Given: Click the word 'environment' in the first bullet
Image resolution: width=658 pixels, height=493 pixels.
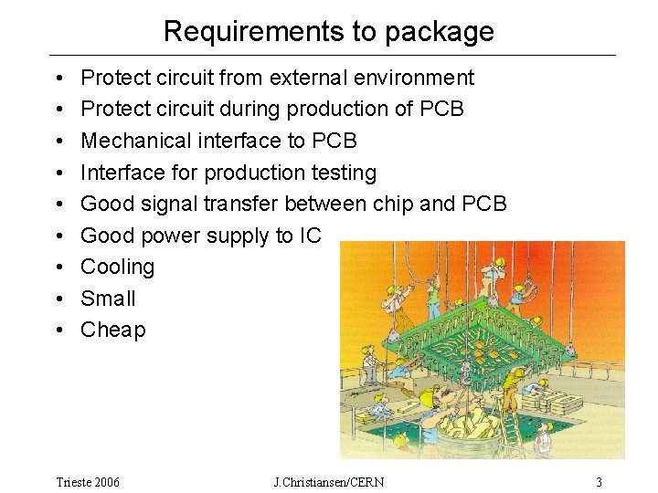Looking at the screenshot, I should [423, 78].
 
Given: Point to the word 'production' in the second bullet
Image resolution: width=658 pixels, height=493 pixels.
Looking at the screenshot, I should [337, 110].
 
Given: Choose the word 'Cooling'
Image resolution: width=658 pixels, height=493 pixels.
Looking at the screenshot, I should [118, 267].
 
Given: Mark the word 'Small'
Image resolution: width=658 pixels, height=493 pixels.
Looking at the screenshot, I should [108, 299].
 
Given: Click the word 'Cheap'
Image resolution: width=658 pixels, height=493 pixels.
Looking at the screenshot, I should [113, 330].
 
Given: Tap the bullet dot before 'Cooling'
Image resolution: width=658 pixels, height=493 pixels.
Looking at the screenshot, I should [58, 267].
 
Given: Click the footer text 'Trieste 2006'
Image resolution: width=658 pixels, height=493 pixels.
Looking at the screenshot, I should [88, 481].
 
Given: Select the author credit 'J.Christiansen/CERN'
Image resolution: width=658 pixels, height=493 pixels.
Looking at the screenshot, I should [329, 481].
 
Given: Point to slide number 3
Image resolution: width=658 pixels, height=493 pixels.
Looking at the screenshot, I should [599, 481].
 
